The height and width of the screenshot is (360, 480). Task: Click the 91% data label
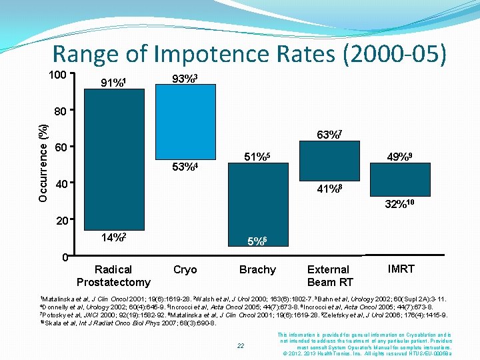tap(113, 83)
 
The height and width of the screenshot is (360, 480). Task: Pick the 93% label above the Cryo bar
tap(184, 79)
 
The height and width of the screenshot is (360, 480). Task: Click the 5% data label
tap(257, 243)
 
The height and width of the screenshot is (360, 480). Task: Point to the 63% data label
tap(329, 136)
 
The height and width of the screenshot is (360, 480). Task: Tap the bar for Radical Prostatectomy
tap(113, 160)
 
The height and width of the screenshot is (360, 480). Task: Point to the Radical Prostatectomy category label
tap(113, 275)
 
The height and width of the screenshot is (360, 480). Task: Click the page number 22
tap(241, 345)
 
